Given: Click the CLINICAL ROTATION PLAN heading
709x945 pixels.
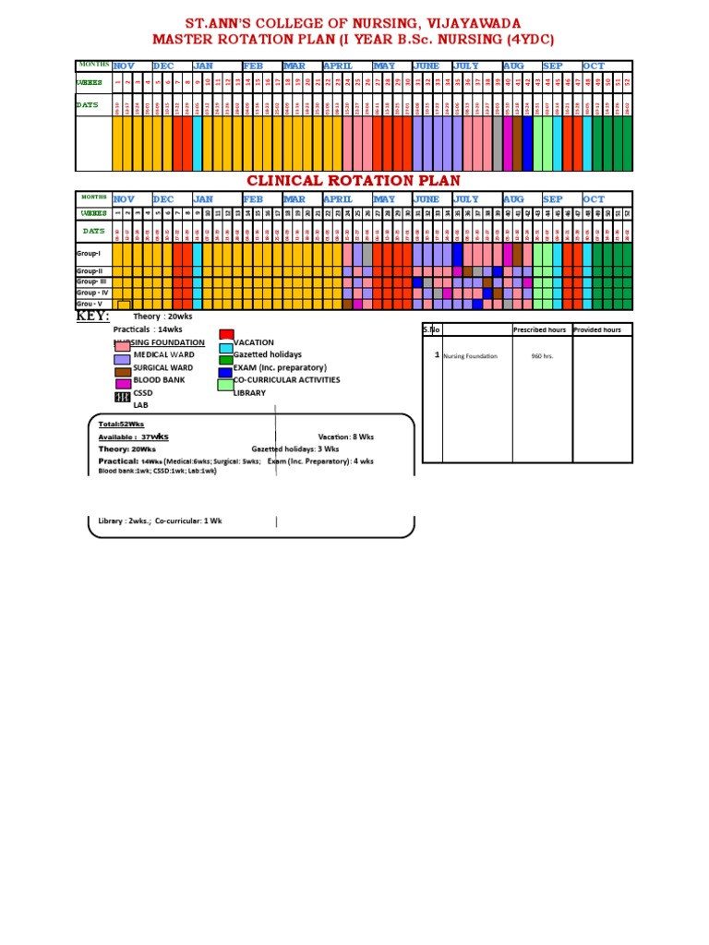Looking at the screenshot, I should coord(353,180).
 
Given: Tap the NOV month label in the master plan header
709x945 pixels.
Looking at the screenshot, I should coord(124,66).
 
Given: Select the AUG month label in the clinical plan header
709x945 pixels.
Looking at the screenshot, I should coord(513,199).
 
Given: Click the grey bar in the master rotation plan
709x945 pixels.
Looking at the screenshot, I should coord(498,145).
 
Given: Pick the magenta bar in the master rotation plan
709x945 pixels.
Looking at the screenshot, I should coord(508,145).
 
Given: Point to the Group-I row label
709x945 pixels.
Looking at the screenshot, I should coord(88,252).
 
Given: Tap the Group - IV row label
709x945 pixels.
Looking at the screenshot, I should coord(91,293).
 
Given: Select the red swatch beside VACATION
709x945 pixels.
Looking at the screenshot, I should coord(226,335).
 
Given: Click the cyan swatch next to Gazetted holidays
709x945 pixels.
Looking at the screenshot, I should coord(226,348).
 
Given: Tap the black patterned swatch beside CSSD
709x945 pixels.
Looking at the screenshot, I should coord(122,398).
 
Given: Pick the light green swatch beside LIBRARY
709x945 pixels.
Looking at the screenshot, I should coord(224,386).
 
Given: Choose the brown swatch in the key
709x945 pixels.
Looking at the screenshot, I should coord(122,372).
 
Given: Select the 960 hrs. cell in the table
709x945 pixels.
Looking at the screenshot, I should coord(542,355).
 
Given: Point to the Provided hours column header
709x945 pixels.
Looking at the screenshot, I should coord(597,329).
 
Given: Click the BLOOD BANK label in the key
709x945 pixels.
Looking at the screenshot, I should coord(161,380).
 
